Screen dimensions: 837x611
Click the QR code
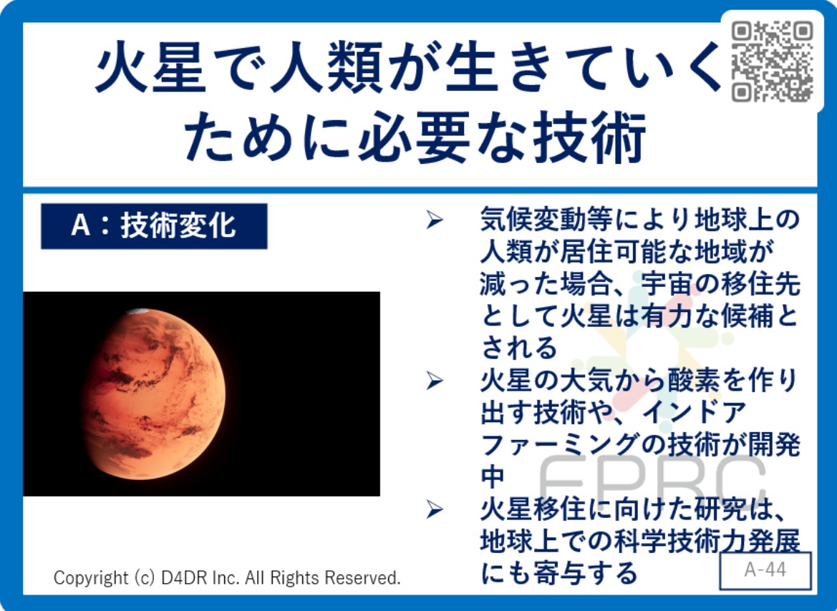click(x=773, y=61)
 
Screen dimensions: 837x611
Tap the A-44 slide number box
click(x=765, y=570)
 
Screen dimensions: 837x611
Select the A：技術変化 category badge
click(x=154, y=225)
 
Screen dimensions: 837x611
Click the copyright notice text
click(x=227, y=578)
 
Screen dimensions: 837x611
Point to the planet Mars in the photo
click(x=155, y=394)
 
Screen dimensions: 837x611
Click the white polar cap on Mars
click(x=137, y=311)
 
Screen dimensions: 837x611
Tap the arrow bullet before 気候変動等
click(x=435, y=220)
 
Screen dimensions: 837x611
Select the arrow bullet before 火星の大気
click(x=435, y=381)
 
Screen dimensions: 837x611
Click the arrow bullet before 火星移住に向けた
click(x=435, y=509)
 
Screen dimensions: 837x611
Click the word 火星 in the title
click(x=151, y=68)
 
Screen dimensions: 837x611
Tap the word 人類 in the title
click(x=326, y=68)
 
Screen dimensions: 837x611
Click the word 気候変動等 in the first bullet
click(x=546, y=220)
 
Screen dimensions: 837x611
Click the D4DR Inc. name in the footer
click(x=194, y=578)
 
